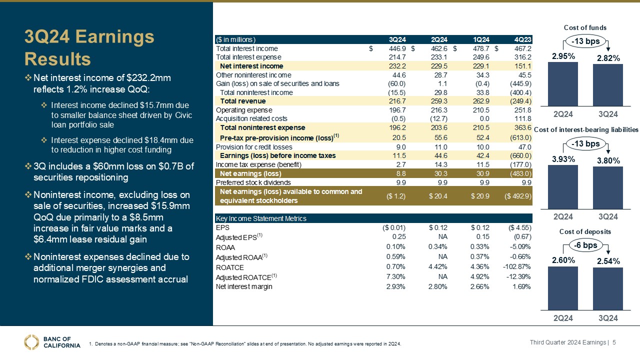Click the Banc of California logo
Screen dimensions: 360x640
52,341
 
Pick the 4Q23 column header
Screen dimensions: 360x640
523,40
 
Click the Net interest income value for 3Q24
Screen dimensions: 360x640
397,66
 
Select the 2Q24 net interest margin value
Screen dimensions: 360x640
438,287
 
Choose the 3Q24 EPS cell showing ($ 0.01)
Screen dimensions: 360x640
393,227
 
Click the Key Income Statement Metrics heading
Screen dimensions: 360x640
260,218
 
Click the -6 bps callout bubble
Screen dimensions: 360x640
585,245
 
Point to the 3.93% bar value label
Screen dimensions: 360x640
563,159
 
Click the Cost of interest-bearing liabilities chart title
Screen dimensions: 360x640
586,130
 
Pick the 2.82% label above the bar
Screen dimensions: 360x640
608,58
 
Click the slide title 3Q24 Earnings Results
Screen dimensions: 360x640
90,47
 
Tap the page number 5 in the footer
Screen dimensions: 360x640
614,342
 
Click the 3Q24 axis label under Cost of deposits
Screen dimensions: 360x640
608,318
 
